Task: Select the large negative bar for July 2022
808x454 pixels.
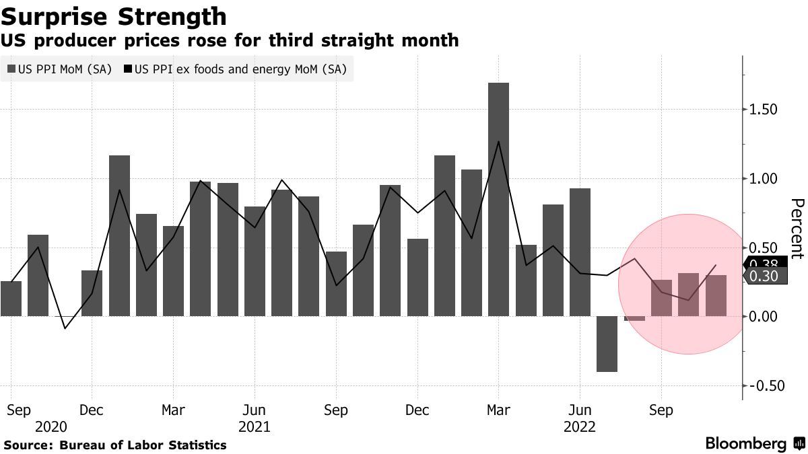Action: (607, 344)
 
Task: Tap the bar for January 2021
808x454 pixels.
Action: (119, 235)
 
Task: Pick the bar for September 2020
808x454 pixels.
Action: (11, 299)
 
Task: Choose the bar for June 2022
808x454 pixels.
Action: (580, 252)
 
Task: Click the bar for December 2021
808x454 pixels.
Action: (417, 277)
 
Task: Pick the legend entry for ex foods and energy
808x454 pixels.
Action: (240, 69)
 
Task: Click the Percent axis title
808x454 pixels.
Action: (797, 229)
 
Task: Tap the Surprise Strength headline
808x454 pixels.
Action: (113, 15)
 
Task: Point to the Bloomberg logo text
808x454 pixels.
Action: (745, 444)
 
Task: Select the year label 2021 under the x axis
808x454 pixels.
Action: (254, 427)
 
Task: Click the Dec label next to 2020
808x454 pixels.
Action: (92, 410)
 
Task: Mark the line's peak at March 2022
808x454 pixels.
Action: (498, 142)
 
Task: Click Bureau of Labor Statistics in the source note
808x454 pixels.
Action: (143, 445)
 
